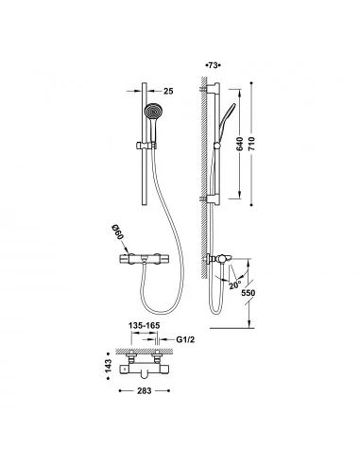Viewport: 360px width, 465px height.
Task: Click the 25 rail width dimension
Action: [x=168, y=91]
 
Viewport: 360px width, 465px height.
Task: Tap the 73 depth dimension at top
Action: [x=213, y=65]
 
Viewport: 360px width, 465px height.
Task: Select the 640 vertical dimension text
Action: [x=240, y=144]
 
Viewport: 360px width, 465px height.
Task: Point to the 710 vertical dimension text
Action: [x=251, y=144]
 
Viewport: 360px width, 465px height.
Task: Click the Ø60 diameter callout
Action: [x=118, y=232]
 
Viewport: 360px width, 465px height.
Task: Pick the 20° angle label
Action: [x=234, y=285]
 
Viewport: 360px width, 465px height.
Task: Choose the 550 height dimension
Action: [x=249, y=293]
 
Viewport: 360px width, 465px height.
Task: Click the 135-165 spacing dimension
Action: [x=145, y=325]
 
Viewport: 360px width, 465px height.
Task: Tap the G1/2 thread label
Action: [x=185, y=339]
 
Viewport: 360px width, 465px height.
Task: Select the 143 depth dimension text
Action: [x=108, y=366]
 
